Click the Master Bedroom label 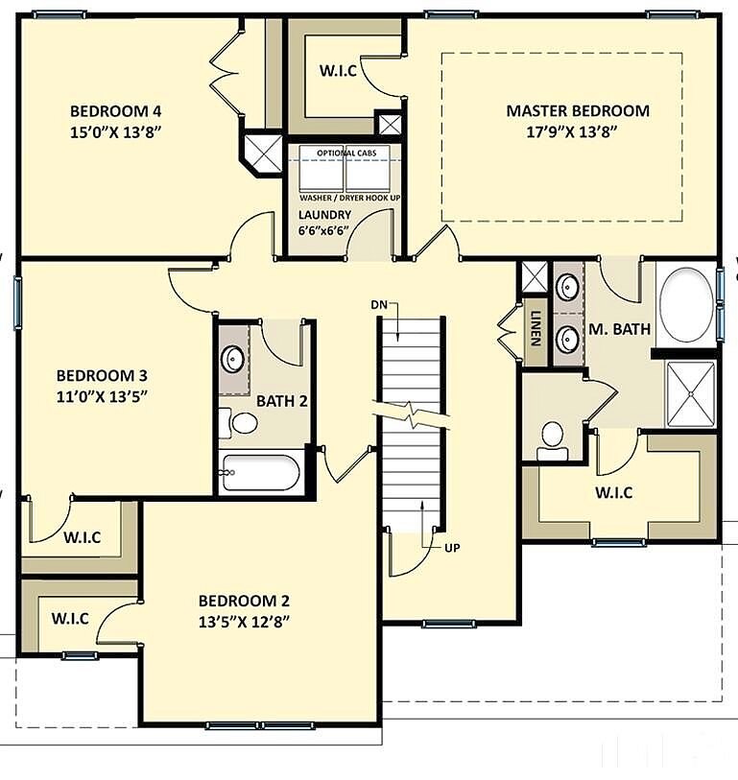point(578,110)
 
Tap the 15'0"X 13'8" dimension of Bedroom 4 point(116,132)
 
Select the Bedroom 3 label point(102,375)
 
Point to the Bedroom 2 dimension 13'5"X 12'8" point(244,623)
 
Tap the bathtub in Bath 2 point(260,473)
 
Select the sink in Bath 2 point(233,359)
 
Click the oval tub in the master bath point(686,304)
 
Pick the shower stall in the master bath point(691,394)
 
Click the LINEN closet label point(536,328)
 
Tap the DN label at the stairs point(379,304)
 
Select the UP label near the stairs point(452,548)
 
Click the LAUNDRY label point(325,215)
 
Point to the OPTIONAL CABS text point(346,153)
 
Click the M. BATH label point(620,329)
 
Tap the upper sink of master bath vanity point(566,286)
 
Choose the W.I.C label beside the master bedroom point(339,71)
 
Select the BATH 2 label point(282,401)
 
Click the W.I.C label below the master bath point(614,492)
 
